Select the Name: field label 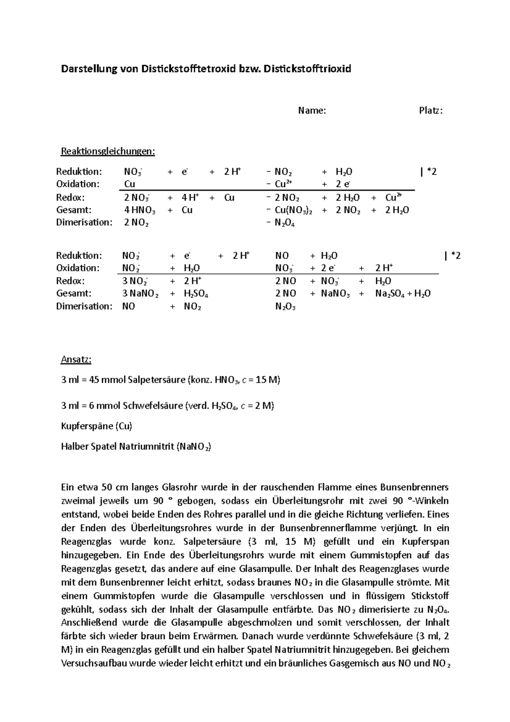[x=312, y=111]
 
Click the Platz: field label [x=431, y=111]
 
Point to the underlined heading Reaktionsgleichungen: [x=108, y=151]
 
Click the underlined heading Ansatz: [x=76, y=360]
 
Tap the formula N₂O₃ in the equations [x=285, y=307]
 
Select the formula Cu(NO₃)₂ [x=293, y=210]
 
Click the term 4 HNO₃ [x=140, y=210]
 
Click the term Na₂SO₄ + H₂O [x=403, y=293]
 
